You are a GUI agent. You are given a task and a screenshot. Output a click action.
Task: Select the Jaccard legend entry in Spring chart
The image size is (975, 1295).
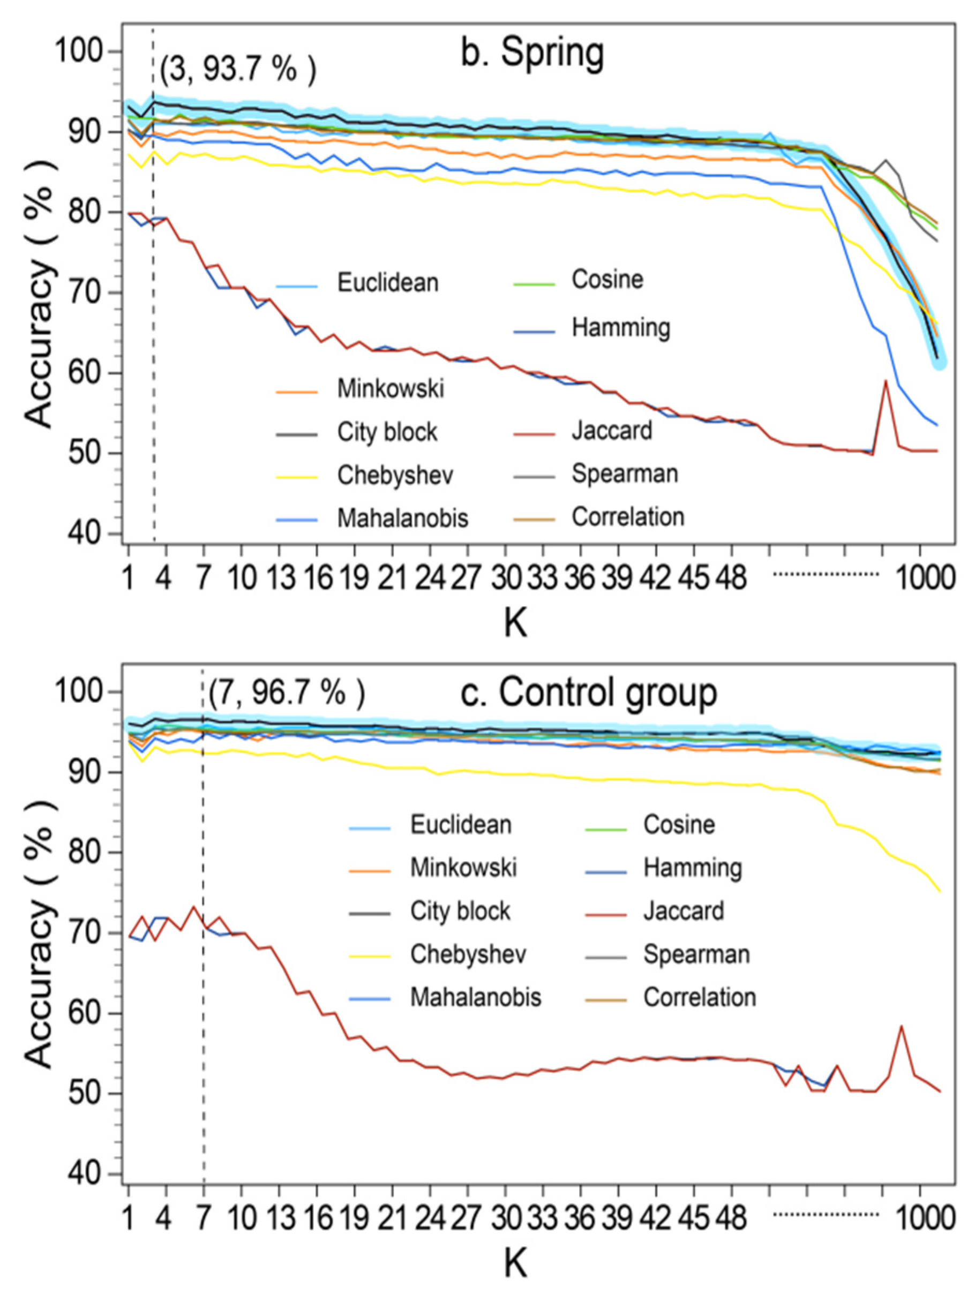click(x=611, y=431)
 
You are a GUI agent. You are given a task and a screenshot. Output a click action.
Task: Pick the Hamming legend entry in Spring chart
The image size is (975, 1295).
click(x=620, y=328)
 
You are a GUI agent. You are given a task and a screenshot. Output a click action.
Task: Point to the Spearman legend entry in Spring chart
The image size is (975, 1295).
click(x=624, y=473)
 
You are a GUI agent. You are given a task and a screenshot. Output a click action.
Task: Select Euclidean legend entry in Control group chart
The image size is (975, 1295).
click(x=460, y=825)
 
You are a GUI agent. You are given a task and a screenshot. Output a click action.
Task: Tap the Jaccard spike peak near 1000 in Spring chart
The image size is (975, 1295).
click(x=886, y=381)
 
